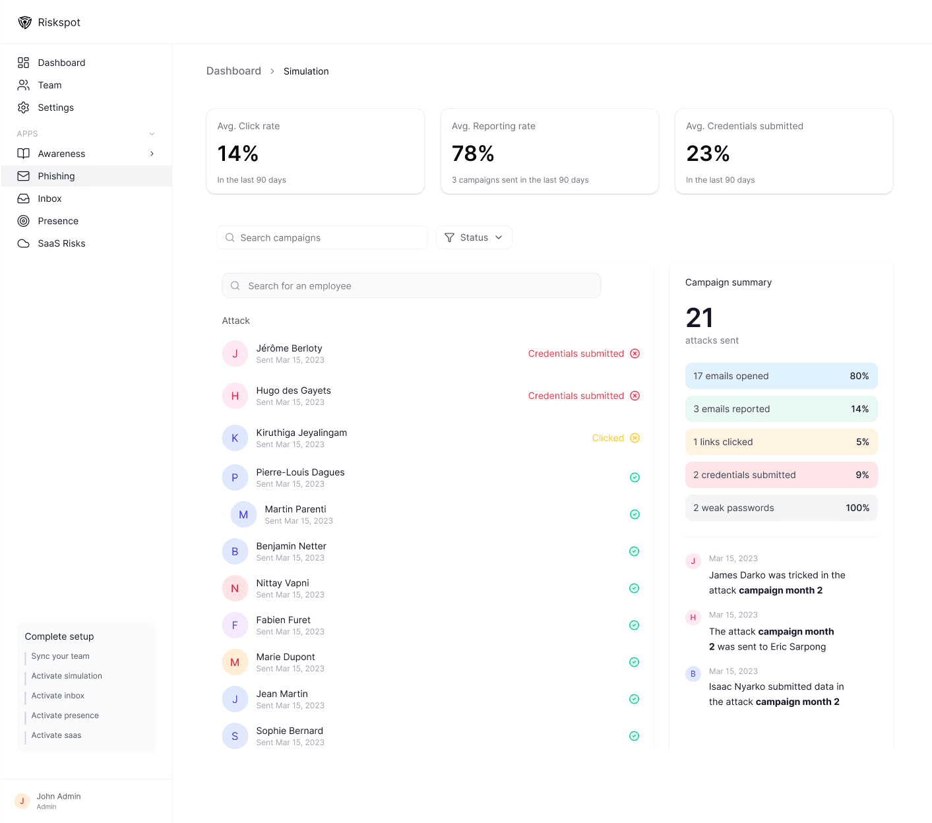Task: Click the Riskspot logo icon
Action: [25, 22]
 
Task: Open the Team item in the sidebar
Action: [49, 85]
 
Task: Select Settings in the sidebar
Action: [55, 107]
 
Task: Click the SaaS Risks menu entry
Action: [61, 243]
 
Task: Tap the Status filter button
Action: [474, 237]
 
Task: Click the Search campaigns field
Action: [322, 237]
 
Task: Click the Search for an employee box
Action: [411, 286]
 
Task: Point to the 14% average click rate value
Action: [238, 154]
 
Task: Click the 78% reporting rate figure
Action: [473, 154]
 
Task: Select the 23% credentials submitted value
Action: [708, 154]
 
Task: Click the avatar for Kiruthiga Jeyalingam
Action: [235, 438]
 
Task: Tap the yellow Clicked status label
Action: [607, 438]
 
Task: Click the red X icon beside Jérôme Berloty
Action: [635, 353]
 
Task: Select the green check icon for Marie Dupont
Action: [634, 662]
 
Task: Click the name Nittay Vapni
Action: [282, 583]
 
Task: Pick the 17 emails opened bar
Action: [781, 376]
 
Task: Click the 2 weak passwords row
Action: [781, 508]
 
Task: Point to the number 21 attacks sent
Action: [699, 318]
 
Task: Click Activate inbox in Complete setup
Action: [58, 696]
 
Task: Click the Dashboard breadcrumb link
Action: [233, 71]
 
